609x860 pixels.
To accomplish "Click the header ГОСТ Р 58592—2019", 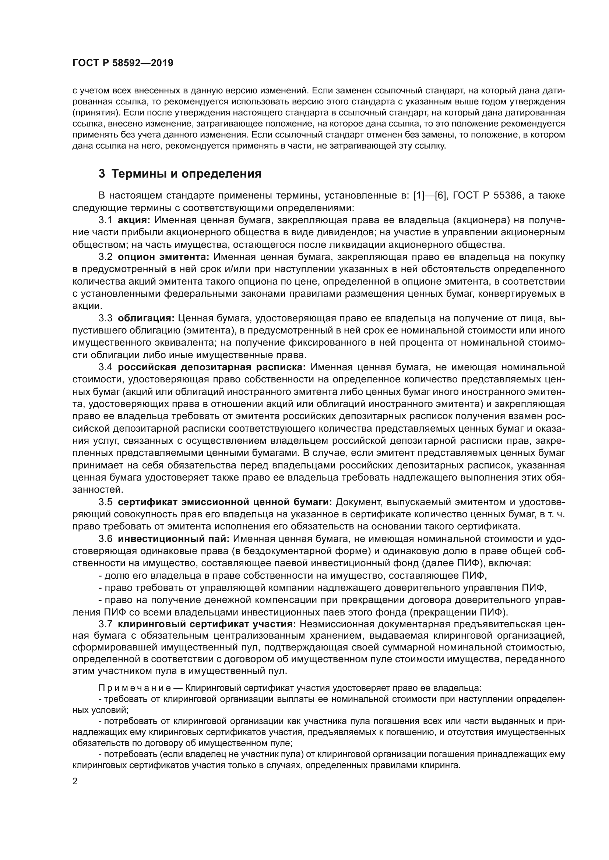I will pos(123,63).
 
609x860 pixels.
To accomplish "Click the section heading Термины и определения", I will pos(186,174).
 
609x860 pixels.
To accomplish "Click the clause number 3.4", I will pos(105,367).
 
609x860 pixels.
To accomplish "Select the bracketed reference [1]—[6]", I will pos(430,196).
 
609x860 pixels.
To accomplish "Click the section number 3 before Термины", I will pos(102,174).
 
